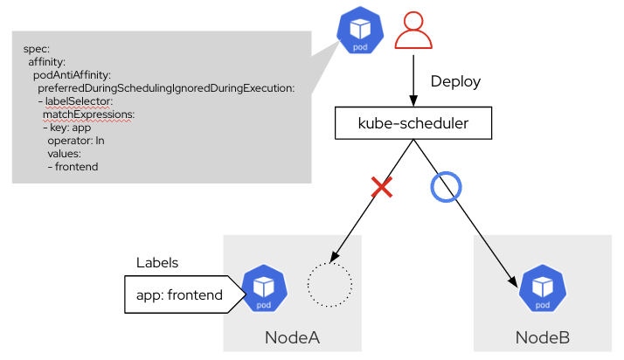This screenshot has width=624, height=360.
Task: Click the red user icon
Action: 413,32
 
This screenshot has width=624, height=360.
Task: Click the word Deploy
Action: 455,81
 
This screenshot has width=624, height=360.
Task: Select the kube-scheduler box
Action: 413,123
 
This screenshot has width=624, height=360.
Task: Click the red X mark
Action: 381,186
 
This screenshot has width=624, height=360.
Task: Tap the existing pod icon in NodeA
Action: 264,289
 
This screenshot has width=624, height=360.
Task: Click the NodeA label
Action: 293,337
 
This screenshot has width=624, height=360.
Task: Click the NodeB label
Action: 543,337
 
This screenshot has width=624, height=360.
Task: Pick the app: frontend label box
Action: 179,294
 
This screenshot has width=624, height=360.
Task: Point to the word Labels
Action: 157,263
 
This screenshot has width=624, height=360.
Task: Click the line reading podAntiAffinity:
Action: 72,74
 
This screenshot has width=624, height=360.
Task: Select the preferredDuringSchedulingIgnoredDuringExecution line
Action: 166,87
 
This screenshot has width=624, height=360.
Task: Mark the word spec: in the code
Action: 37,49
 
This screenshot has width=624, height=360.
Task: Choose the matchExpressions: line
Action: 88,114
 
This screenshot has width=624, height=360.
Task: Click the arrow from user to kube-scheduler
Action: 413,83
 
